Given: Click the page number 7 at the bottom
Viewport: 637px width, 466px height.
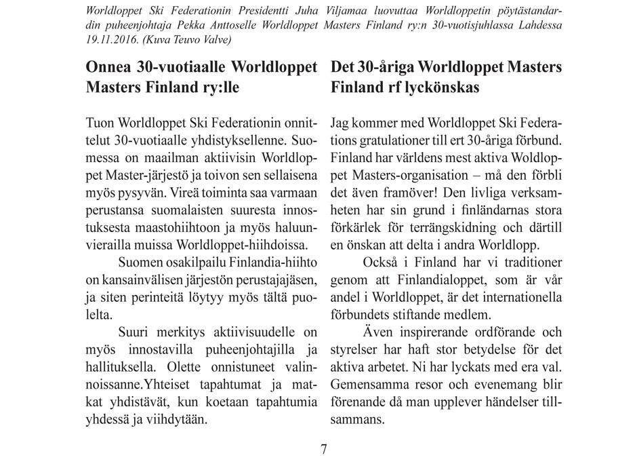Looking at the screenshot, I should pyautogui.click(x=324, y=450).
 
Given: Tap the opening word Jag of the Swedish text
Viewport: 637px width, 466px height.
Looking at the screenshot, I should pyautogui.click(x=342, y=125).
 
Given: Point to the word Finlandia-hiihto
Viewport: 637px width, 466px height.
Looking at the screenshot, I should pyautogui.click(x=271, y=261).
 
